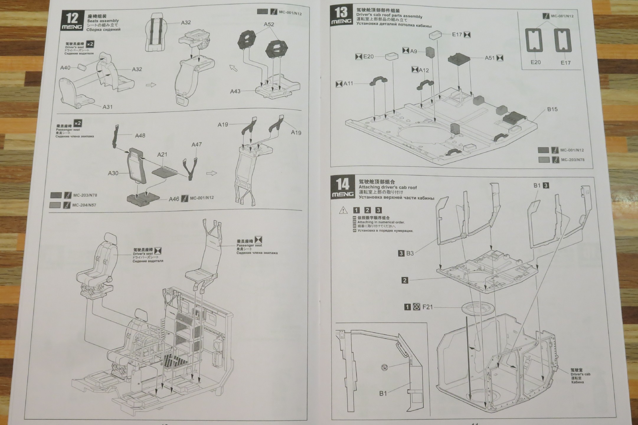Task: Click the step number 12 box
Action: [x=72, y=21]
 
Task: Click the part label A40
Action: [x=65, y=68]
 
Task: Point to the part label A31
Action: [x=107, y=107]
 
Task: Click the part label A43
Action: [x=235, y=91]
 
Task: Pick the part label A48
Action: [x=140, y=136]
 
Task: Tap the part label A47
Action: [x=197, y=145]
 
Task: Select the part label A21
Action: [x=162, y=155]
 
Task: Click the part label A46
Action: [x=174, y=199]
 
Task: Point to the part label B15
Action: [x=552, y=109]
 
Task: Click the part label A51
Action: [x=490, y=58]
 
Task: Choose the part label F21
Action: [x=427, y=307]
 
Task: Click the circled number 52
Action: [x=384, y=367]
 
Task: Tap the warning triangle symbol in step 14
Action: [x=343, y=210]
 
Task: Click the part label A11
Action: [x=348, y=84]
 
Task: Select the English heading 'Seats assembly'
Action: [x=103, y=21]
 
